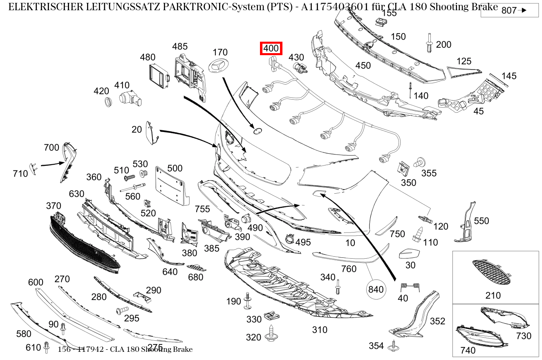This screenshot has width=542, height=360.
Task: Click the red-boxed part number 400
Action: point(271,48)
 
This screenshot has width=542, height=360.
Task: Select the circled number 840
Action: point(376,289)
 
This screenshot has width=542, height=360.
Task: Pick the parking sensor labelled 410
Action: point(130,99)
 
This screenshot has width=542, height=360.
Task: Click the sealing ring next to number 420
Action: point(108,102)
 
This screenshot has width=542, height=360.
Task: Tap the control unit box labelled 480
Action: point(159,76)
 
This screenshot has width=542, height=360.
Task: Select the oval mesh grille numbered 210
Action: point(491,272)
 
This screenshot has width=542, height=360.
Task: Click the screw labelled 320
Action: point(271,333)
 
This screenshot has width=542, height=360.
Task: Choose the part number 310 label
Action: point(320,330)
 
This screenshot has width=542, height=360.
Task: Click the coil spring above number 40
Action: point(410,287)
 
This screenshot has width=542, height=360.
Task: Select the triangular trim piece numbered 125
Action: point(464,72)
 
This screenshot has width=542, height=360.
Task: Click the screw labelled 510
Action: point(130,178)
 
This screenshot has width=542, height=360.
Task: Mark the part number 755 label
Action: point(202,209)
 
